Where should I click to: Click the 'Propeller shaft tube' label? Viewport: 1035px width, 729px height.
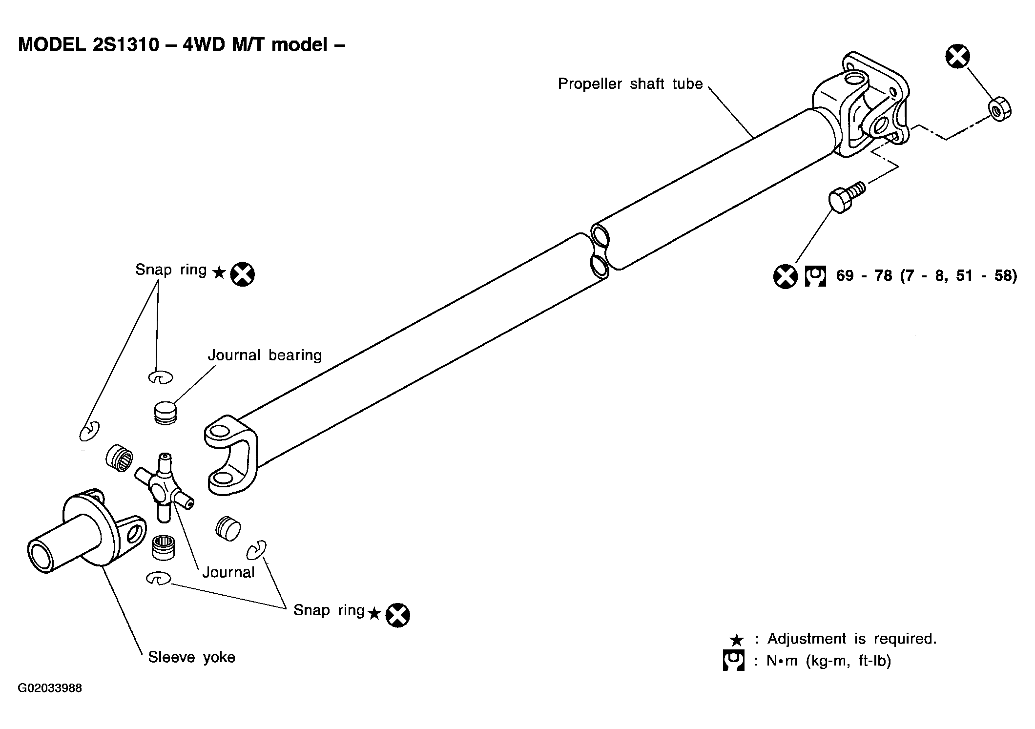[630, 84]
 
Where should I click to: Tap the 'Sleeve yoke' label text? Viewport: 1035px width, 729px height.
[191, 657]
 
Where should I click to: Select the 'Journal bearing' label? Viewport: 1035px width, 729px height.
[265, 355]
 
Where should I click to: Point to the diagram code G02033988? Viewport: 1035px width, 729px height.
[50, 688]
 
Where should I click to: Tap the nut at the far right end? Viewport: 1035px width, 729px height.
[1000, 109]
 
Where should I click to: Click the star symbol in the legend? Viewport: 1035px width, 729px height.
[736, 640]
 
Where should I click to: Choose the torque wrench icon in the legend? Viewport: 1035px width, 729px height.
[733, 661]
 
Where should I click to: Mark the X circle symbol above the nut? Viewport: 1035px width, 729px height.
[957, 57]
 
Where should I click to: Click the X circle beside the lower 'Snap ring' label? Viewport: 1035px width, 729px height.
[397, 615]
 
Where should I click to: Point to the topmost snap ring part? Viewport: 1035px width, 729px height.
[160, 377]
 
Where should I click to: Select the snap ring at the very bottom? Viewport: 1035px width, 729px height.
[158, 578]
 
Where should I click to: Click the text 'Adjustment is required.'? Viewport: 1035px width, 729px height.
[852, 639]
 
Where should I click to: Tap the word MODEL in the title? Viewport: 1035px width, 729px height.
[51, 45]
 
